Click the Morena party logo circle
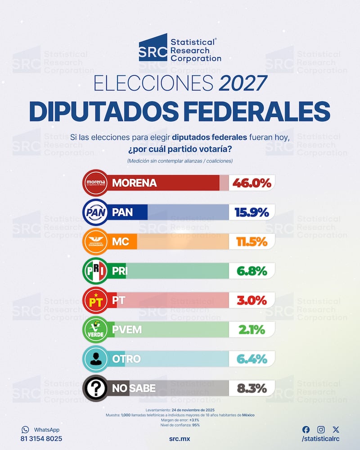point(95,183)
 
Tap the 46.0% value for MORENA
point(252,183)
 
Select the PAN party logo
point(95,211)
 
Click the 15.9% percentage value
point(252,212)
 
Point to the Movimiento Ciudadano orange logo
point(95,241)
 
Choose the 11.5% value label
point(252,242)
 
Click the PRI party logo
point(95,271)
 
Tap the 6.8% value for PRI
point(252,271)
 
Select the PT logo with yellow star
point(95,300)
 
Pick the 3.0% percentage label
point(252,301)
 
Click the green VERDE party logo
point(95,329)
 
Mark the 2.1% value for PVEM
point(252,330)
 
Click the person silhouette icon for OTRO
point(95,359)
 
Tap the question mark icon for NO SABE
point(95,388)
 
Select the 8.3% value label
point(252,388)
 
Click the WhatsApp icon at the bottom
point(25,430)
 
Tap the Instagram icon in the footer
point(321,430)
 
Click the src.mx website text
point(180,438)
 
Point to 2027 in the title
point(243,84)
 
